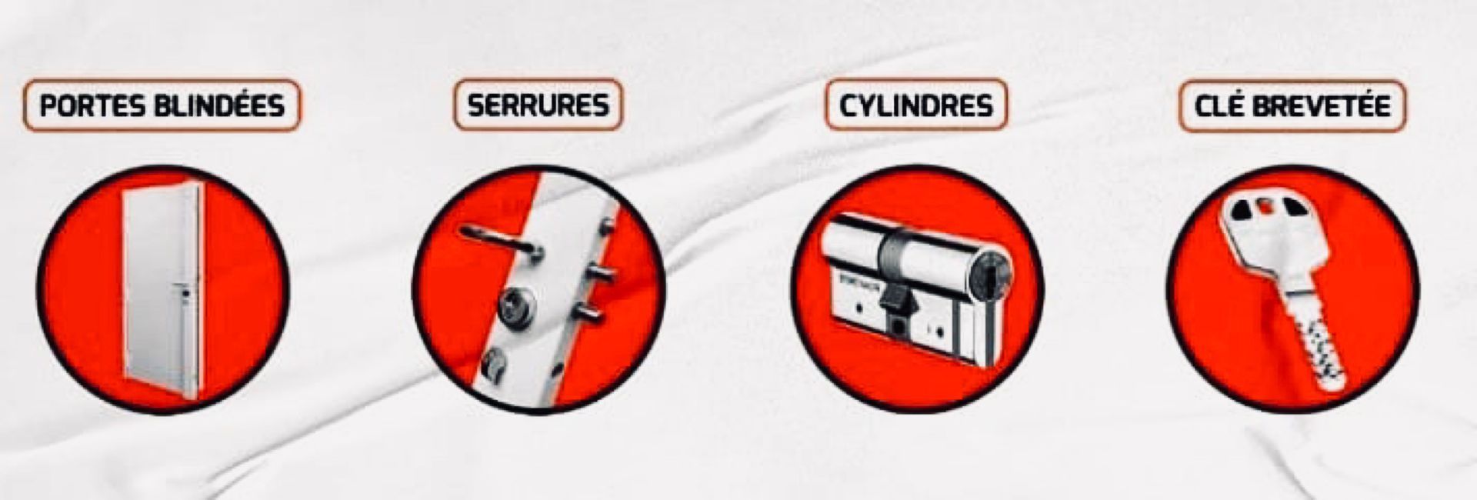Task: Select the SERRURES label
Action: [x=538, y=105]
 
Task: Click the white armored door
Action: [x=159, y=288]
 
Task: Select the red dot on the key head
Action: [x=1262, y=206]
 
